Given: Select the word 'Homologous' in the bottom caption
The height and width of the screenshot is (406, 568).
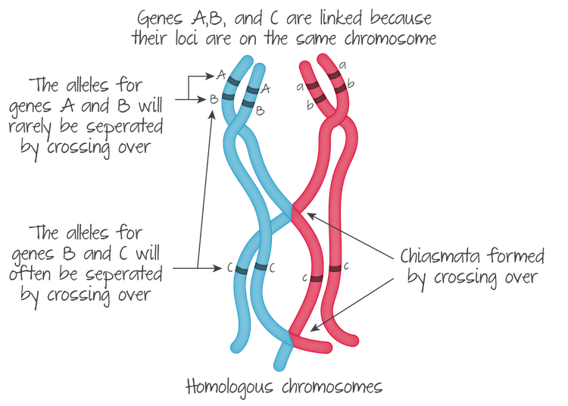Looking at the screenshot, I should click(226, 388).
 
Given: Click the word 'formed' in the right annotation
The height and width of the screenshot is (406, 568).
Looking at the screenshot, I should click(505, 256).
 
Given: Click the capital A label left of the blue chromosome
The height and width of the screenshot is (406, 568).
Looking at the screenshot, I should click(217, 75).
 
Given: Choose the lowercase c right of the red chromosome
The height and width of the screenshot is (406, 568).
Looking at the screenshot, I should click(348, 267).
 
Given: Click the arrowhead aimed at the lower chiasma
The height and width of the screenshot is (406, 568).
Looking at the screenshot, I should click(314, 328).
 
